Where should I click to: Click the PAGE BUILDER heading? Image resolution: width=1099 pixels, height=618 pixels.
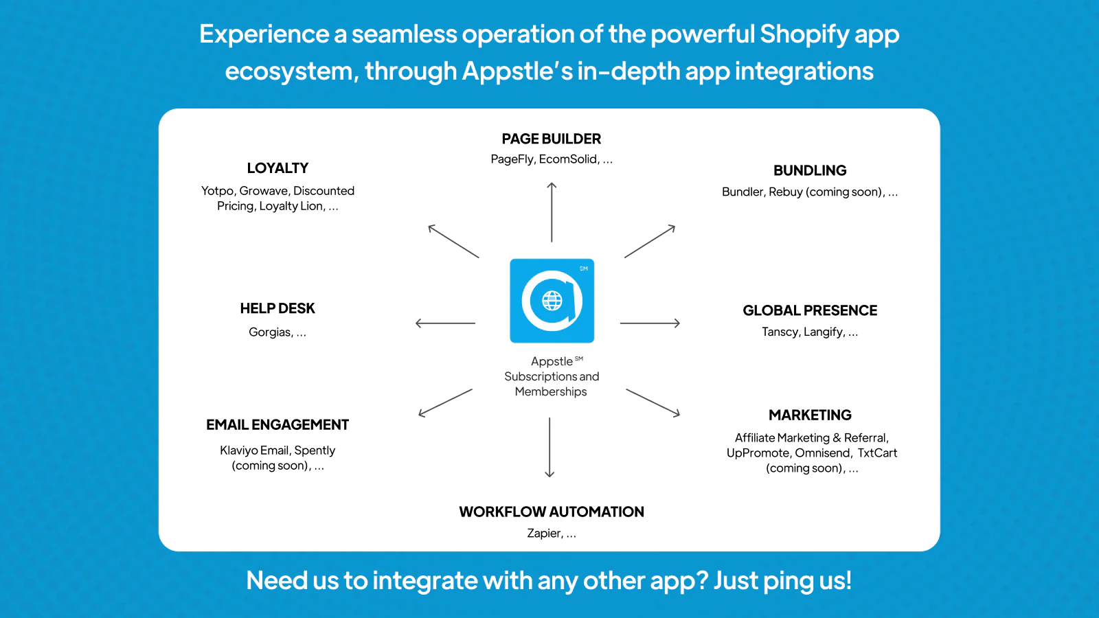(x=551, y=139)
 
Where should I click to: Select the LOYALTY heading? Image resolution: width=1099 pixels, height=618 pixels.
(x=277, y=168)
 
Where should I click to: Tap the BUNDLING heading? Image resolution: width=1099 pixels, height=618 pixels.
(x=810, y=171)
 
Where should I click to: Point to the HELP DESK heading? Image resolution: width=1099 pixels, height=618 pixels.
(x=277, y=308)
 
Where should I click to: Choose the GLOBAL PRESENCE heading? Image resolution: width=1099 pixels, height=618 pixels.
(x=810, y=310)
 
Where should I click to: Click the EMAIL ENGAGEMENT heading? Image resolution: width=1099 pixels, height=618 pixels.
(x=277, y=425)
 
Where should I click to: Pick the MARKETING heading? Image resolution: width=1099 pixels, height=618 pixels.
(x=810, y=415)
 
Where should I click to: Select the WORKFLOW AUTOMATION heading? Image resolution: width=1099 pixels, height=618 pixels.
(x=552, y=512)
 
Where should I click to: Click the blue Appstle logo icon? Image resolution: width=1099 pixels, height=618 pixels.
(x=552, y=301)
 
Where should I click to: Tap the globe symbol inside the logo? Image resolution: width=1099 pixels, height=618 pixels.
(x=552, y=301)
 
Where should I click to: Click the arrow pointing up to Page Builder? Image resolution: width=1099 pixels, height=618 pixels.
(x=552, y=212)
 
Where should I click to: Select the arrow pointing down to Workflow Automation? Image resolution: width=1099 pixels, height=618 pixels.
(x=549, y=447)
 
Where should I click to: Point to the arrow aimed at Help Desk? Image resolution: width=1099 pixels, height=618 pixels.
(x=445, y=323)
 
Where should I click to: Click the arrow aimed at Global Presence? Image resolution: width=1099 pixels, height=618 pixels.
(x=650, y=323)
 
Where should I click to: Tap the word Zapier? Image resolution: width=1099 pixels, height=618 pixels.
(x=543, y=533)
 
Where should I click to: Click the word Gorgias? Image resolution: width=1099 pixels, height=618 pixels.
(x=269, y=332)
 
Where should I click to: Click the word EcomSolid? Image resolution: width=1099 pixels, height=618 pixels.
(x=568, y=159)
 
